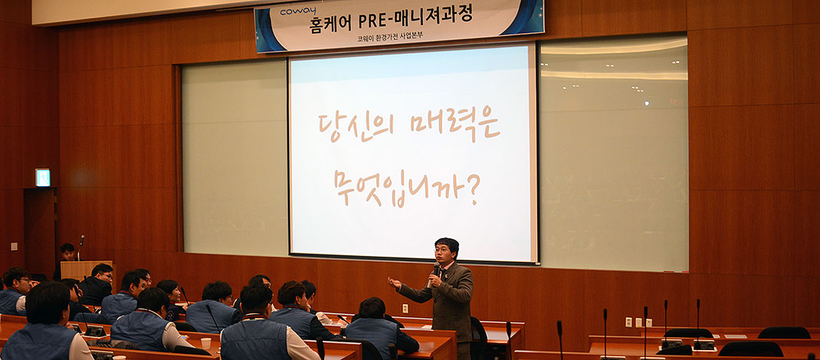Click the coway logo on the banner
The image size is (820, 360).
coord(298,11)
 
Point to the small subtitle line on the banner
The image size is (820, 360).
coord(390,38)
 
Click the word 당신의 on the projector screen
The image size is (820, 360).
coord(356,126)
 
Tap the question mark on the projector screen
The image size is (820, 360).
coord(473,189)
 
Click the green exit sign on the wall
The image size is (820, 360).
coord(42,178)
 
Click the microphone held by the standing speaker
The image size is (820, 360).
coord(433,275)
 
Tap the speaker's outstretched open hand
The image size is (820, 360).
coord(394,283)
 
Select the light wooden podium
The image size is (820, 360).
coord(86,270)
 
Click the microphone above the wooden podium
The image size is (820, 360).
coord(81,244)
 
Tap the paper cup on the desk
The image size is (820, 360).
coord(206,343)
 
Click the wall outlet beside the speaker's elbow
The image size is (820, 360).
coord(405,308)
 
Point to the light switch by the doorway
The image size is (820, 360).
coord(14,246)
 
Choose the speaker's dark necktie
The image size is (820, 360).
coord(440,273)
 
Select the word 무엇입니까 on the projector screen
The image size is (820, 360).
coord(399,188)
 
